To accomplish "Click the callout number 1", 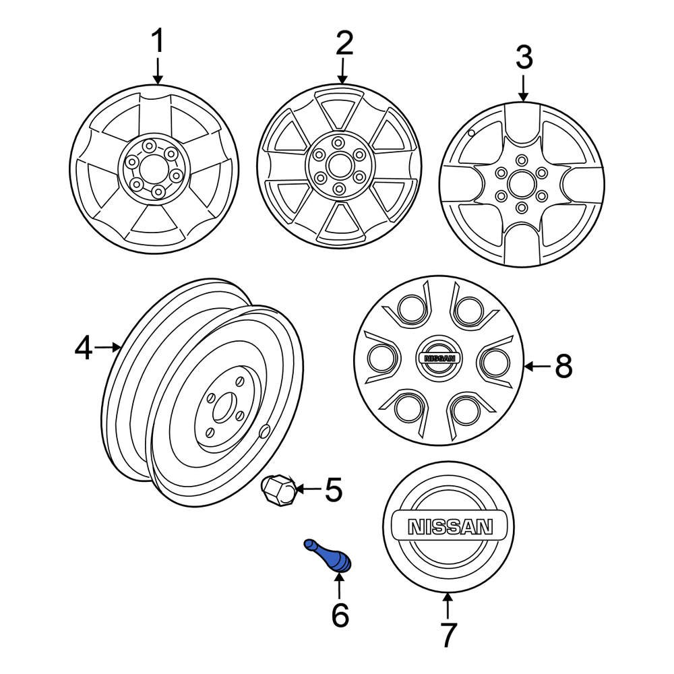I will pos(157,42).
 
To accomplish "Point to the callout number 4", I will pos(84,348).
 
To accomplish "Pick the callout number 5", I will pos(334,489).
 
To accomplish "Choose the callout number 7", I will pos(448,634).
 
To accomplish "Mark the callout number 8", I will pos(563,367).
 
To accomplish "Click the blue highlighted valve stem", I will pos(328,557).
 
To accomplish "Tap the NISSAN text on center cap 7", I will pos(448,526).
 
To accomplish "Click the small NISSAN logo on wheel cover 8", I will pos(439,359).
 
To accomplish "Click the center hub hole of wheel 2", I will pos(338,166).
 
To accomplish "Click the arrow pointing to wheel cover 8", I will pos(537,367).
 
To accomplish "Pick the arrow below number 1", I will pos(158,71).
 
